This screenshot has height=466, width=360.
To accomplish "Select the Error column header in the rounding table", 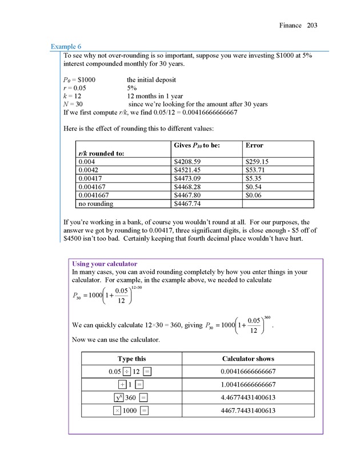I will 254,146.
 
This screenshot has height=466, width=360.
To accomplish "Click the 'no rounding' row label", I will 95,204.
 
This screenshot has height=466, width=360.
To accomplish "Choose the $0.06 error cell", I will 254,195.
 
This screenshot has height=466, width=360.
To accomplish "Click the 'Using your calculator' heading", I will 105,264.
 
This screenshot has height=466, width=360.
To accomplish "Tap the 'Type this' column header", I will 132,359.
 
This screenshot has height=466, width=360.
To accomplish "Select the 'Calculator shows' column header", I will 248,359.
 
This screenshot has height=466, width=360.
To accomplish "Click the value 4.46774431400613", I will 248,397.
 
